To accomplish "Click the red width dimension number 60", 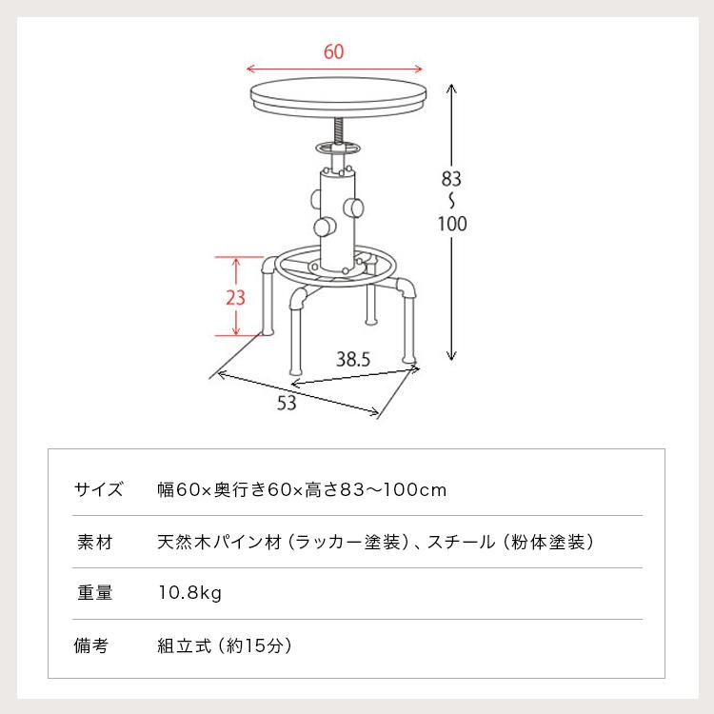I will click(333, 52).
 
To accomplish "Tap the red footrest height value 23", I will click(235, 296).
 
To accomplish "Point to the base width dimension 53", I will click(287, 403).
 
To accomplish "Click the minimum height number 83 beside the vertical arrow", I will click(452, 177).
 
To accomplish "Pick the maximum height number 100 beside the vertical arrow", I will click(452, 224).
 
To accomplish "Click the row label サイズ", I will click(98, 490).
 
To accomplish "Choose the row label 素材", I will click(93, 542).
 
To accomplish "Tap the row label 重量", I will click(93, 593).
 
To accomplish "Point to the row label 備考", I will click(93, 645).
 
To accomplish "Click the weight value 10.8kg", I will click(189, 593).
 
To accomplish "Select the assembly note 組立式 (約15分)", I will click(224, 645).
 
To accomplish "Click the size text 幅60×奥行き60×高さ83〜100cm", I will click(302, 490).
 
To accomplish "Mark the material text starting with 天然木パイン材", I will click(376, 542).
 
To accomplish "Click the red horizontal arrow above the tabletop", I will click(333, 69).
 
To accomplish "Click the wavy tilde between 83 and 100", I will click(452, 200).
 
